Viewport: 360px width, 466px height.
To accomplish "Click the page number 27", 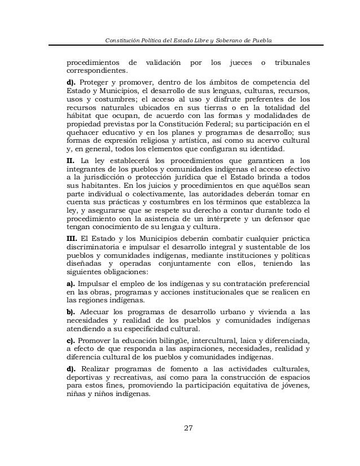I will pos(189,427).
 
